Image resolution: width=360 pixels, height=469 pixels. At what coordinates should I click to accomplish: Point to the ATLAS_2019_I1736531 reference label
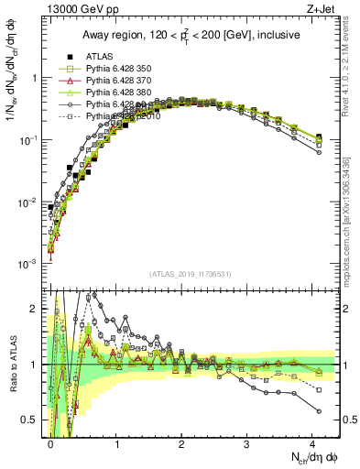pos(190,274)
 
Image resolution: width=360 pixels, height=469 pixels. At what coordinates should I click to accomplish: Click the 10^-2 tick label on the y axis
pos(29,202)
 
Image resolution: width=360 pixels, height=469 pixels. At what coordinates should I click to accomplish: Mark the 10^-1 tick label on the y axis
pos(29,140)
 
